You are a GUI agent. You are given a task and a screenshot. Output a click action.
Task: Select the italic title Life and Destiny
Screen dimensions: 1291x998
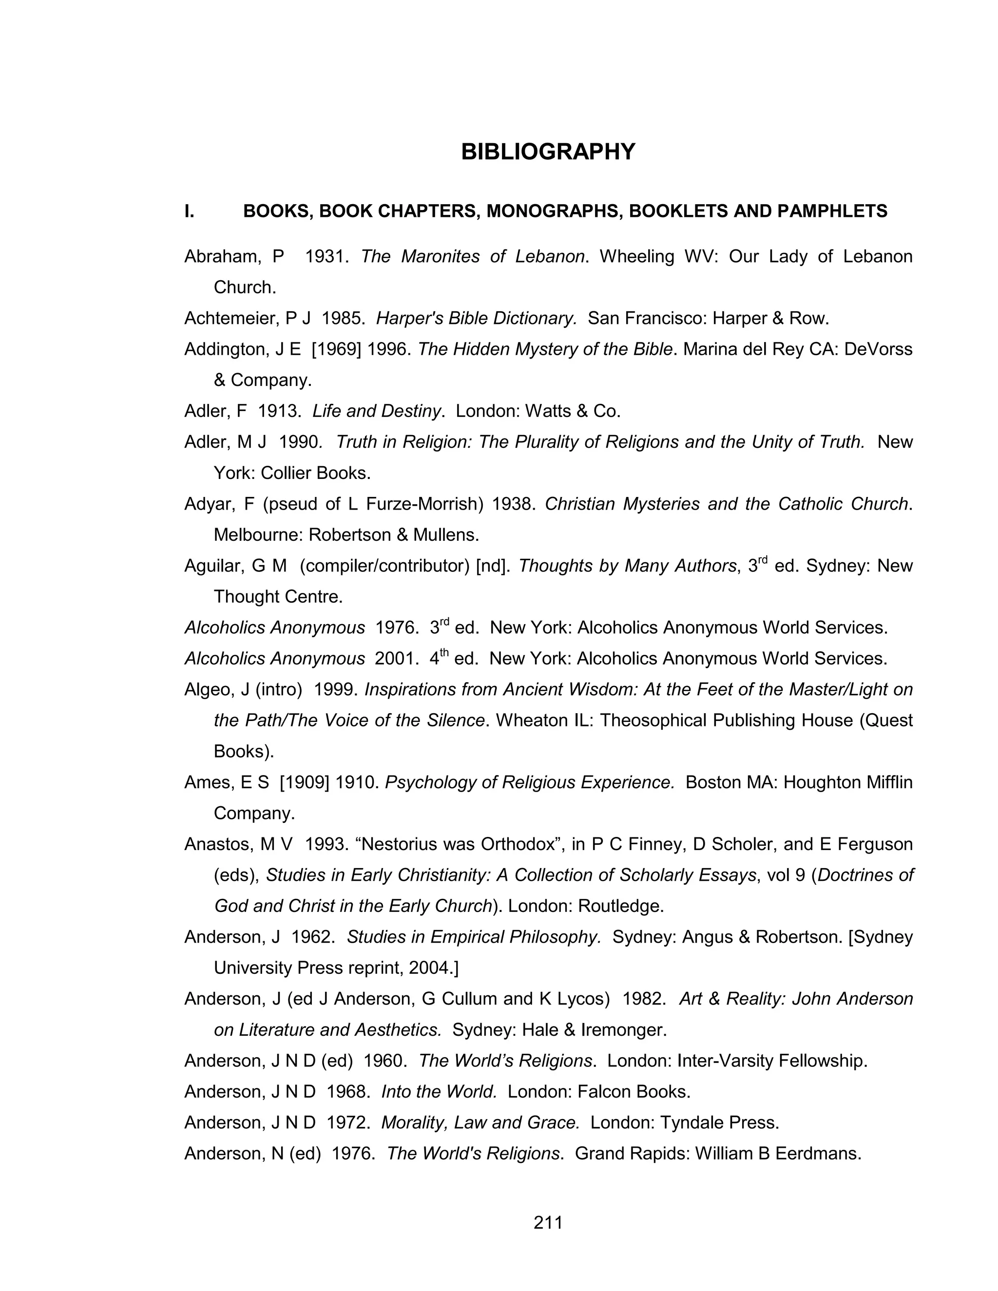click(377, 411)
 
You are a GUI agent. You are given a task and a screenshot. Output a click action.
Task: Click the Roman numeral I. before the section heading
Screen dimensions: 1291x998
click(189, 211)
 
